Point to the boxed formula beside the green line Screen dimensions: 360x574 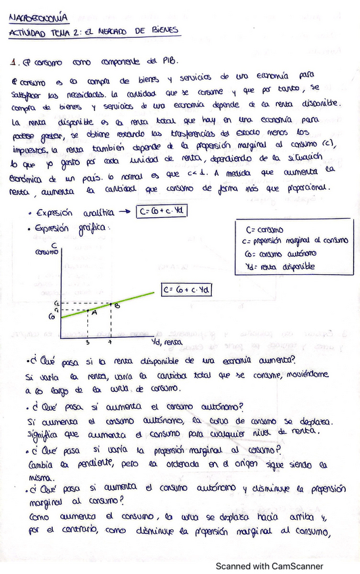tap(187, 290)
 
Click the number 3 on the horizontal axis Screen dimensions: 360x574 tap(87, 343)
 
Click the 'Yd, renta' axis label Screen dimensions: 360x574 tap(167, 342)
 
